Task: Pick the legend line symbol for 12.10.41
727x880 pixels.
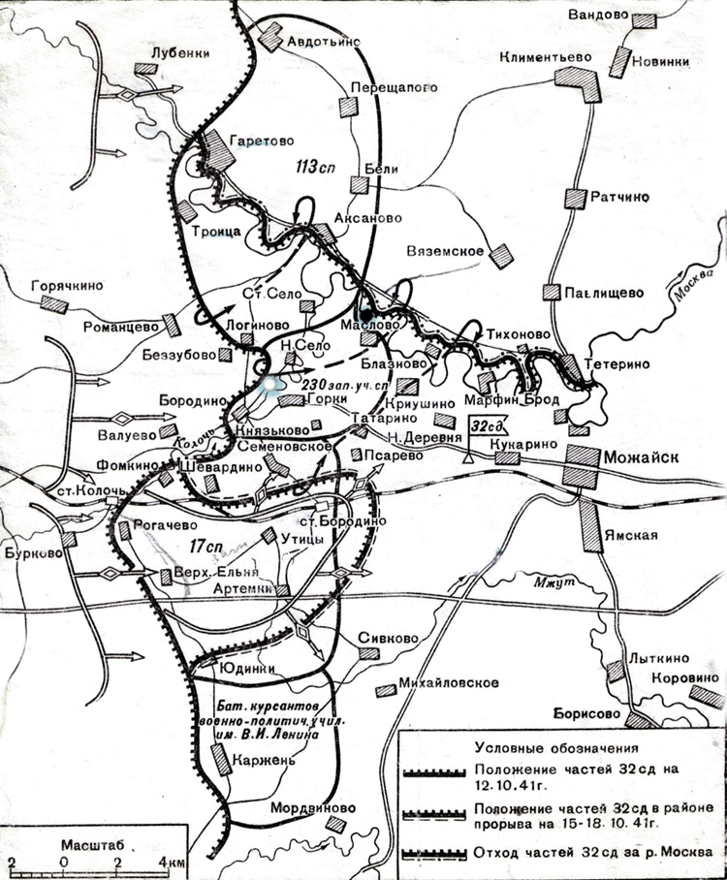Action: point(436,771)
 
